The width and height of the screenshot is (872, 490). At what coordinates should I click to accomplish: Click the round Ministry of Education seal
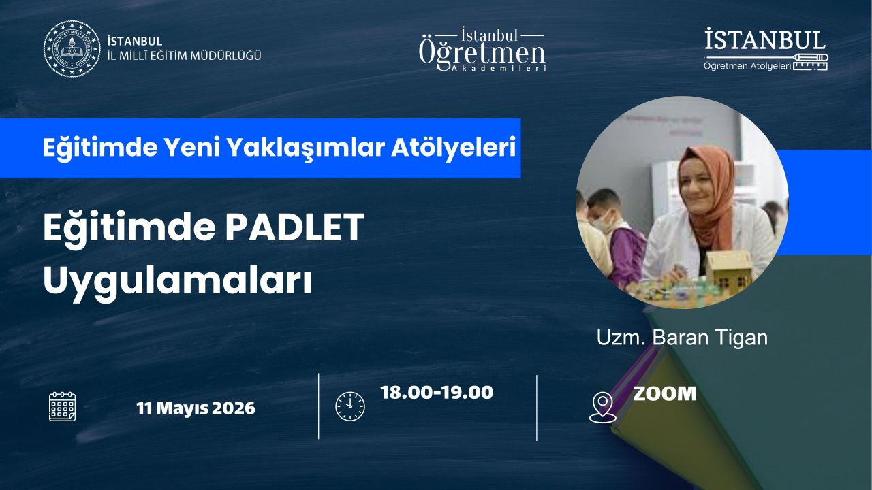72,48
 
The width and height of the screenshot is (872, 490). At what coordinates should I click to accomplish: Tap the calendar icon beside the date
62,407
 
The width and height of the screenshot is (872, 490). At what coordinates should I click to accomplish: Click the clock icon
350,406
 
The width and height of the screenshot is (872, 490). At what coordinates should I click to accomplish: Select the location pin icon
603,407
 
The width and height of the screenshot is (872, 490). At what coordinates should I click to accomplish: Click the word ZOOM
664,393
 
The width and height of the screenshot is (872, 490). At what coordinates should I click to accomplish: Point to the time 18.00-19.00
437,393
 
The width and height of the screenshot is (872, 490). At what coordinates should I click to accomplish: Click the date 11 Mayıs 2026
196,408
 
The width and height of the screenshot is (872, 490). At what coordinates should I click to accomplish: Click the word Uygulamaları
178,281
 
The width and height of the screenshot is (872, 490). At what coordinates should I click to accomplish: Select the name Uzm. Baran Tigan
682,338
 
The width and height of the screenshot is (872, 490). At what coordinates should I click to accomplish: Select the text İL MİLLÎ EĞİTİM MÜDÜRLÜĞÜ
184,56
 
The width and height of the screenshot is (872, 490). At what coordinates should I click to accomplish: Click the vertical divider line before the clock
318,406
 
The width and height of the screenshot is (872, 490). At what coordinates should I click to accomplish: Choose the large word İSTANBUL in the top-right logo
764,39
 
